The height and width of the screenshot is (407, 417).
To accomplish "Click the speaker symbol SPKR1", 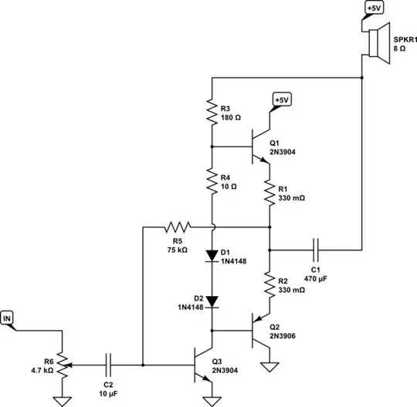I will point(376,42).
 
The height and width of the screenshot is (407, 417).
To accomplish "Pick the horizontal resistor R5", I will point(177,227).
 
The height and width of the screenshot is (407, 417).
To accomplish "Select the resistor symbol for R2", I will point(270,284).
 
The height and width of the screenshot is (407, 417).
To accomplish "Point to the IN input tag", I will point(8,317).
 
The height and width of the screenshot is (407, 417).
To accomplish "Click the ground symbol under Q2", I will point(270,368).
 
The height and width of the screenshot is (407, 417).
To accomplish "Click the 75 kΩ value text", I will point(177,250).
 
